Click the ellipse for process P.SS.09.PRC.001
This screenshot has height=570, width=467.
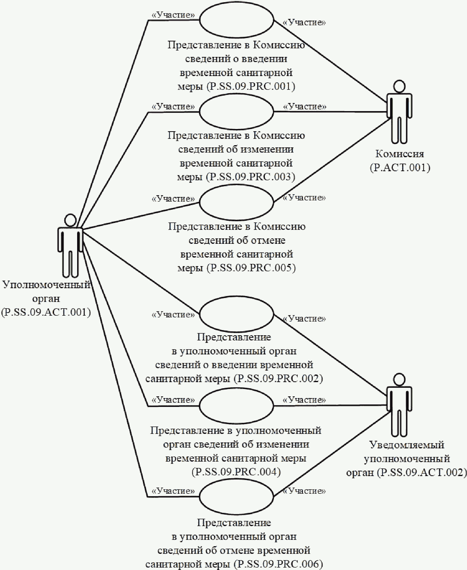tap(237, 20)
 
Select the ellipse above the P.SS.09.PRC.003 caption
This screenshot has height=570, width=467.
tap(237, 112)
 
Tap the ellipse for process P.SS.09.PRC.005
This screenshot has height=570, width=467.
tap(237, 203)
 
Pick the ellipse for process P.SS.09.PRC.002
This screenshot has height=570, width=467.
tap(237, 314)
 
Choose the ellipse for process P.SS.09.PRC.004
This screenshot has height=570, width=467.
tap(237, 406)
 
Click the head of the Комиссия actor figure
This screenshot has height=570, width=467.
tap(399, 87)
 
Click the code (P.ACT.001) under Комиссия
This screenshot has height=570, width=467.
tap(400, 168)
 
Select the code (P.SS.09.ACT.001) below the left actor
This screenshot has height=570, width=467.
tap(46, 312)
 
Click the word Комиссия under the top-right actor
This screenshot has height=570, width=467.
tap(400, 154)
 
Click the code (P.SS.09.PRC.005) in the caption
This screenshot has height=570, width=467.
tap(251, 268)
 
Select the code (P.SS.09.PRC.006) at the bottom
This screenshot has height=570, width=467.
tap(279, 564)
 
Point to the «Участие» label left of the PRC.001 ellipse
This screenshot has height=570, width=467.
tap(173, 15)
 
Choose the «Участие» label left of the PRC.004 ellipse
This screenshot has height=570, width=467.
tap(173, 400)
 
